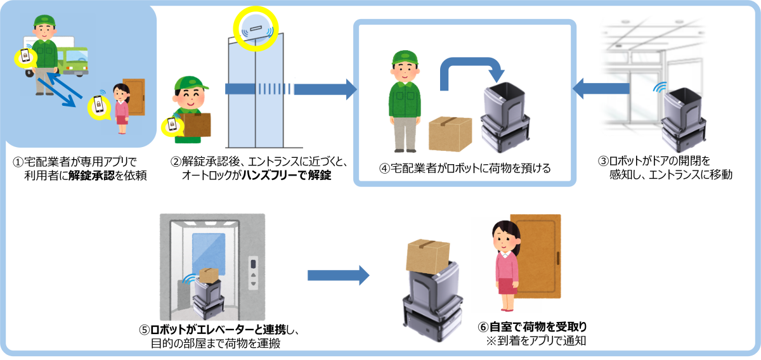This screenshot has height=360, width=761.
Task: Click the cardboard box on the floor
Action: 450,134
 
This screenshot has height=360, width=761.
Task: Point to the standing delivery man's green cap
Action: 405,58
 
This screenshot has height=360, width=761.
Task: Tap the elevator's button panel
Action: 254,272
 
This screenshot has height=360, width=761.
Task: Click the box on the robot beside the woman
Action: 427,255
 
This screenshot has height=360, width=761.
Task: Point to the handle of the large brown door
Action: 557,259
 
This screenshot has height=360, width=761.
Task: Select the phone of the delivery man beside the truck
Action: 25,56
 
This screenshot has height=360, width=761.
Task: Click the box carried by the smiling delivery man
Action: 197,124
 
